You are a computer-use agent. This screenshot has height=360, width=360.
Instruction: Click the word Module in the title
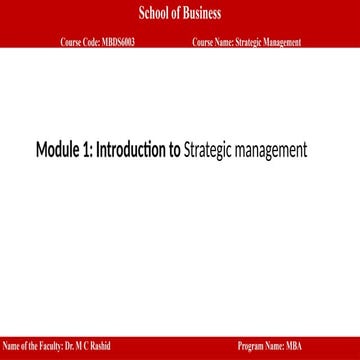pyautogui.click(x=61, y=151)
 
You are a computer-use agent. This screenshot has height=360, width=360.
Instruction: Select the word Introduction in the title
pyautogui.click(x=132, y=151)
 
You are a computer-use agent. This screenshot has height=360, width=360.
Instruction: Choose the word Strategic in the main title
pyautogui.click(x=209, y=151)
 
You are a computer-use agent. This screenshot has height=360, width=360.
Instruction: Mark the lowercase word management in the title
pyautogui.click(x=271, y=151)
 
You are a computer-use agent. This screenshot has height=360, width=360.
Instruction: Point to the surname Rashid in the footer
pyautogui.click(x=98, y=346)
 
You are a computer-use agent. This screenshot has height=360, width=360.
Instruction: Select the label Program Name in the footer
pyautogui.click(x=262, y=346)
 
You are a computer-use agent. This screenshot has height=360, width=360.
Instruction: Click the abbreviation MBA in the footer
pyautogui.click(x=293, y=346)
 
